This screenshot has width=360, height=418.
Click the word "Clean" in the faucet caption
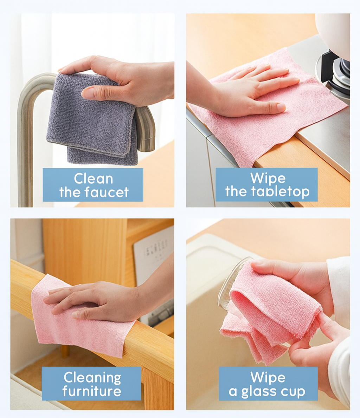click(x=93, y=179)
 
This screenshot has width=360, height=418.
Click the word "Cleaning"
click(x=92, y=378)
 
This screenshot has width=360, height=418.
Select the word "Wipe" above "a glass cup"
click(x=268, y=378)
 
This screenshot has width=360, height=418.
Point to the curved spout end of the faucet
click(x=146, y=130)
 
